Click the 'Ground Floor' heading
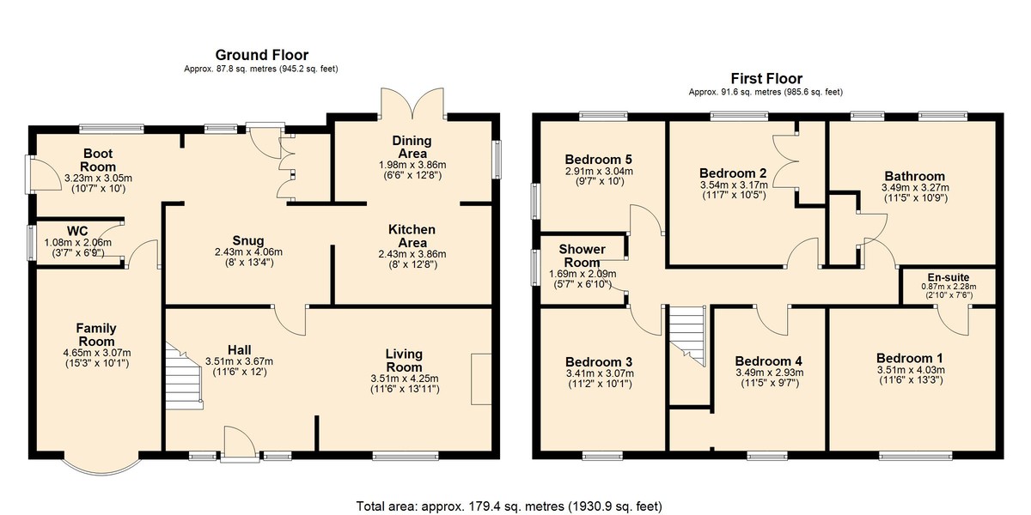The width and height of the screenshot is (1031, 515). coord(261,55)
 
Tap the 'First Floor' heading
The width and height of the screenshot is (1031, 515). coord(766,79)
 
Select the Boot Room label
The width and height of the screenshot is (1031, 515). coord(98,160)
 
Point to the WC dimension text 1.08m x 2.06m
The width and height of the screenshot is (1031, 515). coord(78,243)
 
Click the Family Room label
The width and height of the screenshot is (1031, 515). coord(96,335)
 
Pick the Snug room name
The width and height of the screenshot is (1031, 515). coord(248,240)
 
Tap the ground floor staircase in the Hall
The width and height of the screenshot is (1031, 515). coord(184,376)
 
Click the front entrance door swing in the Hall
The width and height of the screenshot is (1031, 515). coord(240,442)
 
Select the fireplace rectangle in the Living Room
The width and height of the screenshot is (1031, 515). coord(481,379)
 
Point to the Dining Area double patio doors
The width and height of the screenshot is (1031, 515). coord(412,104)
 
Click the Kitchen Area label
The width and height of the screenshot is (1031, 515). coord(412,236)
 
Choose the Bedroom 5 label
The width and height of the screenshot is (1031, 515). coord(598,160)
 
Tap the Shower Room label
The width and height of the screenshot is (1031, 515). coord(583,256)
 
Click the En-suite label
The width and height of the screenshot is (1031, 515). coord(949,278)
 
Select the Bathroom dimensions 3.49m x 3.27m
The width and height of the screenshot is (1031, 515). coord(915,188)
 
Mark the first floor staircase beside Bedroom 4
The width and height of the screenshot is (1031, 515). coord(686,336)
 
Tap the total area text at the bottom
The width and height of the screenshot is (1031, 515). coord(509,506)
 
